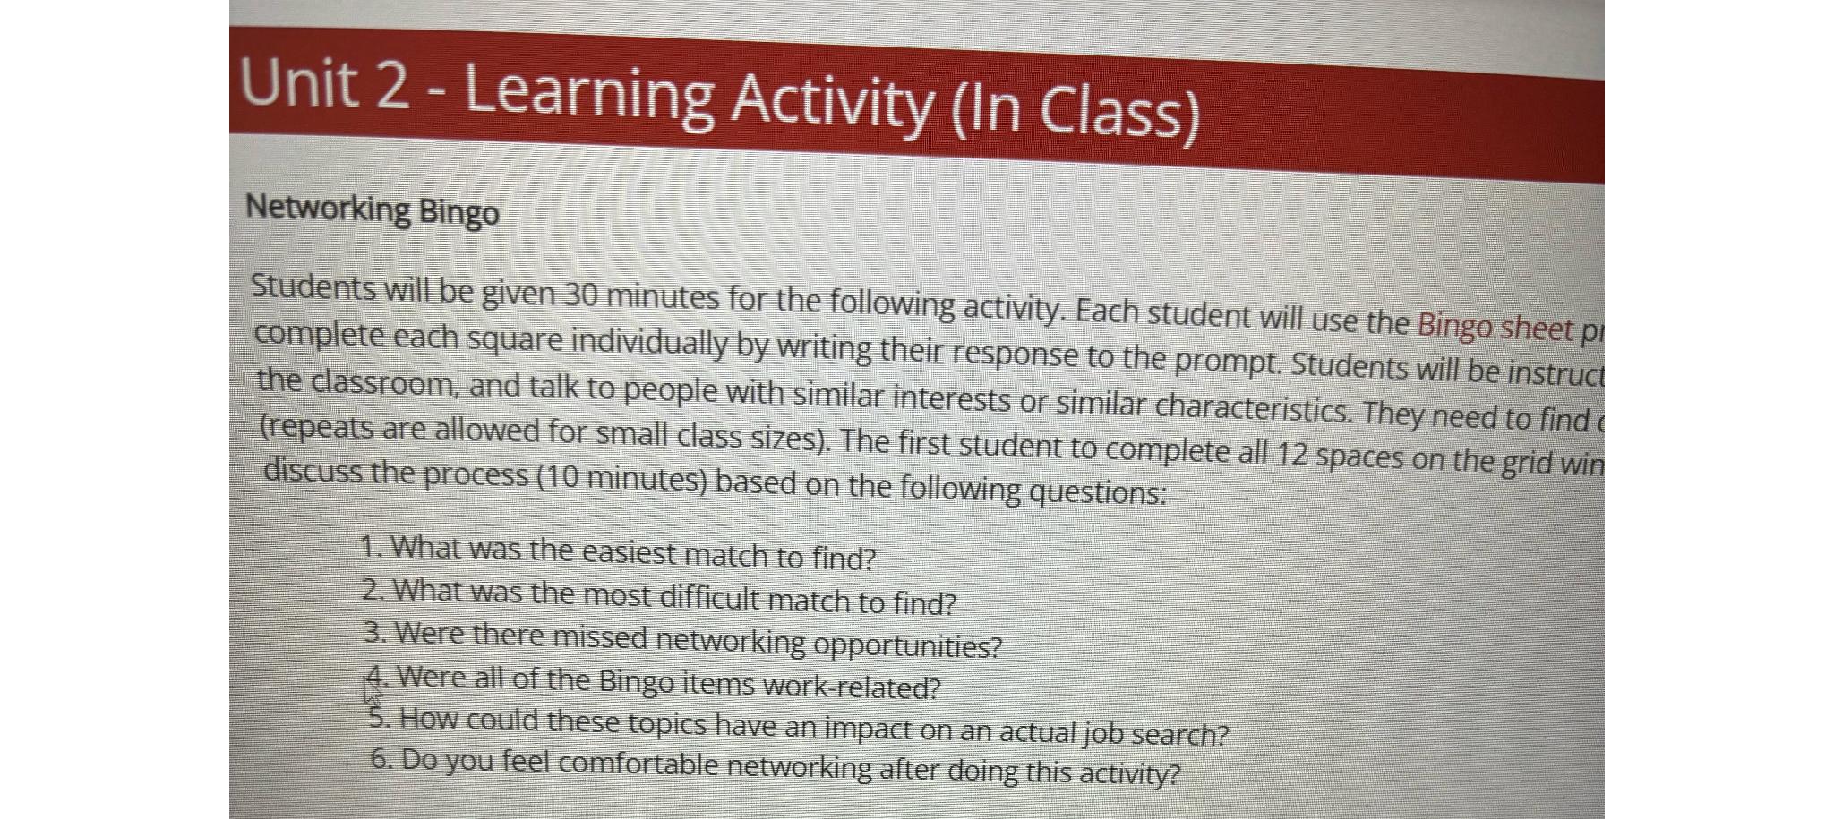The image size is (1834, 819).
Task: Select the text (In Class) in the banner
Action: pyautogui.click(x=1074, y=112)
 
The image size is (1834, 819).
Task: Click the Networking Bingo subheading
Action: pyautogui.click(x=372, y=210)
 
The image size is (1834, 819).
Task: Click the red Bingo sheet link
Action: pyautogui.click(x=1494, y=327)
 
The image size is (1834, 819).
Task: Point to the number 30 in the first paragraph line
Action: pyautogui.click(x=580, y=294)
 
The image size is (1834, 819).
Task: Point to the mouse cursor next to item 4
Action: pyautogui.click(x=371, y=691)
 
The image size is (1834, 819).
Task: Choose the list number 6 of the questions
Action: pyautogui.click(x=380, y=759)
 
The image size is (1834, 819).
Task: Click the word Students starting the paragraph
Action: pyautogui.click(x=313, y=287)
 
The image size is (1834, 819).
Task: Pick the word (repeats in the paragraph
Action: pyautogui.click(x=316, y=427)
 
